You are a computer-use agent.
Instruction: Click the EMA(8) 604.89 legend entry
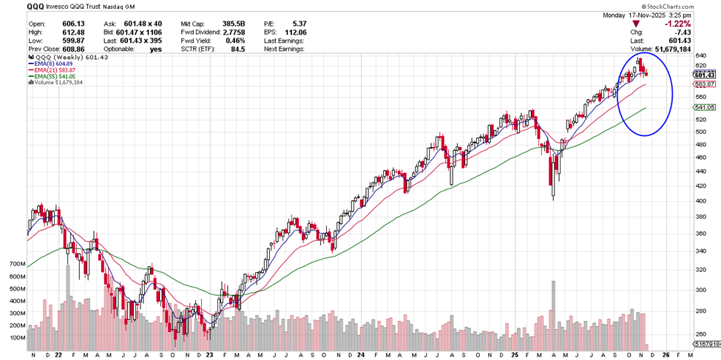click(56, 64)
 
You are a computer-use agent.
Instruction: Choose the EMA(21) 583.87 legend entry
click(58, 70)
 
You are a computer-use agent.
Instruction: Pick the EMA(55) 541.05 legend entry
click(58, 76)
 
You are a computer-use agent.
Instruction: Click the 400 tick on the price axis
click(701, 201)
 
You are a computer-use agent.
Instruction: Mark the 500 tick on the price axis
click(701, 132)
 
